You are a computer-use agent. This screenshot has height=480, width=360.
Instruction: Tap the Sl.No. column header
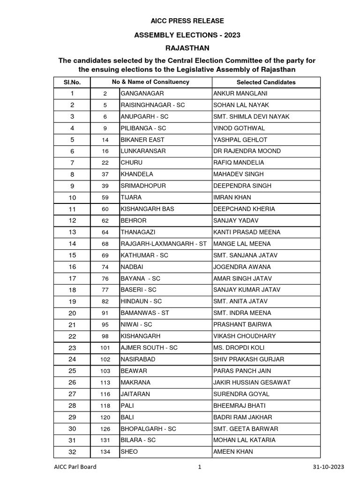pos(72,82)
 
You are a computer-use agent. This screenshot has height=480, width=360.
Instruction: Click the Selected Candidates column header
pos(266,82)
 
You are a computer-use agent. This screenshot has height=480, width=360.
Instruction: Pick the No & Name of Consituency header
pos(150,82)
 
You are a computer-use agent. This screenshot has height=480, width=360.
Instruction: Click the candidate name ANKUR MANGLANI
pos(236,94)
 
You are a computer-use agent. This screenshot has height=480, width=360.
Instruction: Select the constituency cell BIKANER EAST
pos(142,140)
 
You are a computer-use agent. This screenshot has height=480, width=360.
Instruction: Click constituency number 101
pos(105,348)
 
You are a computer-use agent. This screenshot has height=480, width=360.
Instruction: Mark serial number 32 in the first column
pos(72,452)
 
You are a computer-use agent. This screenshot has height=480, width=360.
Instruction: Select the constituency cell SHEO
pos(129,452)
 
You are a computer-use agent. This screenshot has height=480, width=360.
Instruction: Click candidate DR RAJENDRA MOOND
pos(247,151)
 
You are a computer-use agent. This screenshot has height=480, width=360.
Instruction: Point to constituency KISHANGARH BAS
pos(146,209)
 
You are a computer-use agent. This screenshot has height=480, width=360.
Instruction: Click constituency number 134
pos(105,452)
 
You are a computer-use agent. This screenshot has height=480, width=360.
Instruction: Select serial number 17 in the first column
pos(72,278)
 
